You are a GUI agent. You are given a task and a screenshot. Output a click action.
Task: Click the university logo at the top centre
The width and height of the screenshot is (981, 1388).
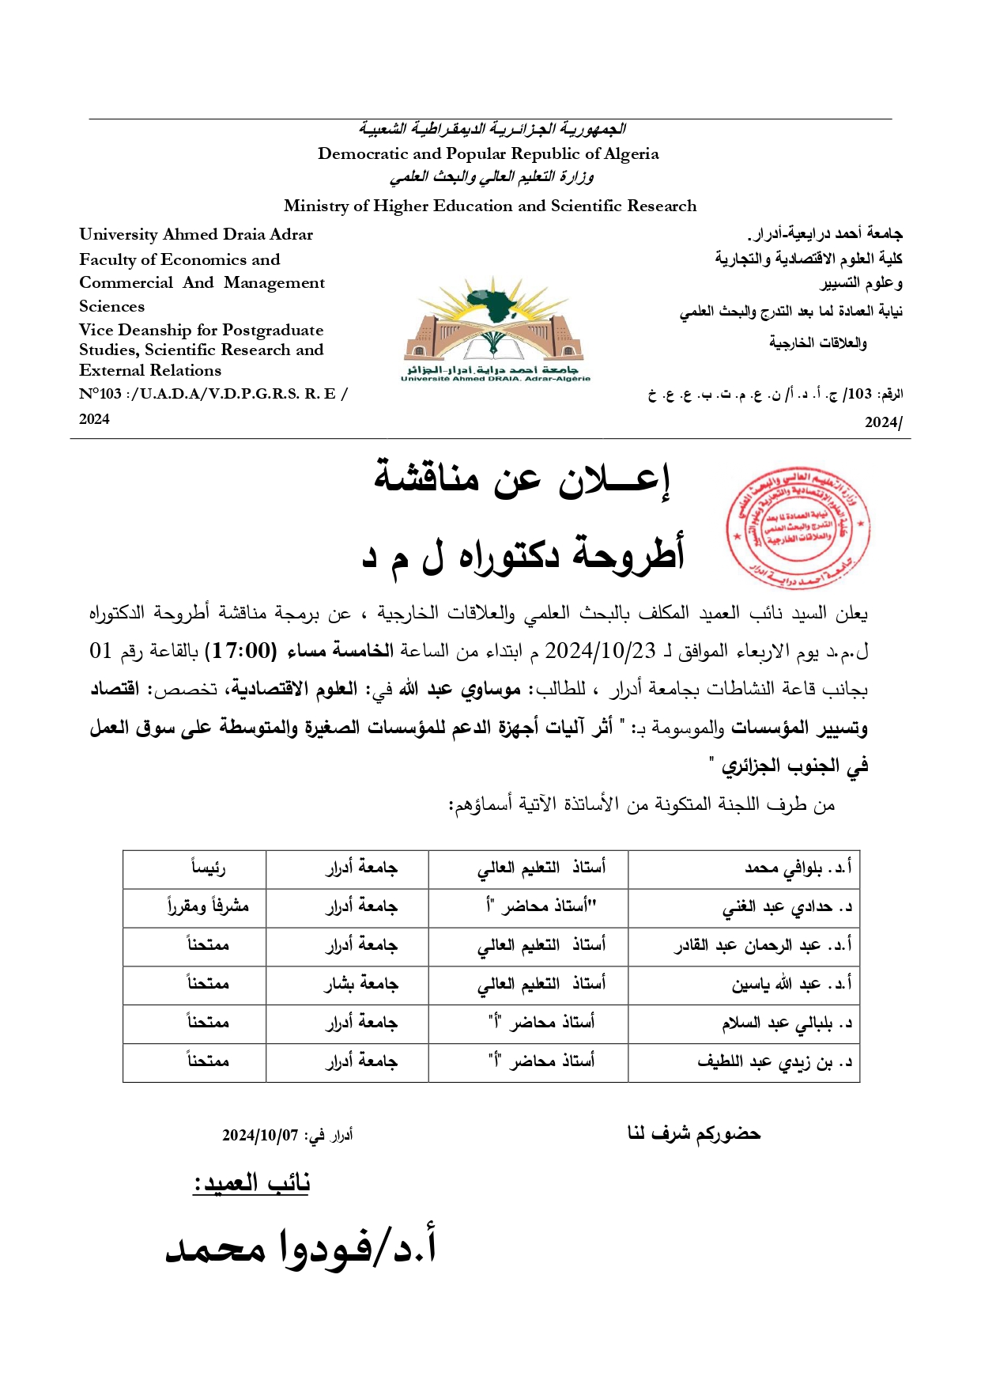495,328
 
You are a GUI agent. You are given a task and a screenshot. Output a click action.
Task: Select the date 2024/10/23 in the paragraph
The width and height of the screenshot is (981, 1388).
600,651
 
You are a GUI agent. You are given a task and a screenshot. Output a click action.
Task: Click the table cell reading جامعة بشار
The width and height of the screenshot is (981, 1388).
360,985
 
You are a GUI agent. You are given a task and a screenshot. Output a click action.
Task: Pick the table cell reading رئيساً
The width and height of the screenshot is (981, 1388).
208,868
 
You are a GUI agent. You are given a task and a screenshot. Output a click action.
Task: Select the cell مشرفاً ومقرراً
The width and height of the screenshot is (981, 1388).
208,907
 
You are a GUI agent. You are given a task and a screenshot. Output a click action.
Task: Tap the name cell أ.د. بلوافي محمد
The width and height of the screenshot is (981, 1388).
798,868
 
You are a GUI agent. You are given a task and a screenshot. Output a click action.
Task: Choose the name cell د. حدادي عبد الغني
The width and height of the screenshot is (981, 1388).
787,907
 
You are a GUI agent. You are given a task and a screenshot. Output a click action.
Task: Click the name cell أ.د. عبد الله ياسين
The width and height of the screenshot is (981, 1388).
791,985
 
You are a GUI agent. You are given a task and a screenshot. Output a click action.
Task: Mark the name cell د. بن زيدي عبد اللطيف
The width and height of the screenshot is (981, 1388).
775,1062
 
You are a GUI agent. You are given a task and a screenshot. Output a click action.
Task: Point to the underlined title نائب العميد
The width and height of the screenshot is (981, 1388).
251,1183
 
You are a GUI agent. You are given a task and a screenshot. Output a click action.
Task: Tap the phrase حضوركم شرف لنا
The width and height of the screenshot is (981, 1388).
693,1134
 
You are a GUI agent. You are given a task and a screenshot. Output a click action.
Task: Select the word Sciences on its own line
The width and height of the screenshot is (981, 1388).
111,307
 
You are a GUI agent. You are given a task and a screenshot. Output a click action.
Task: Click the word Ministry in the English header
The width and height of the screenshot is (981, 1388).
315,206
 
